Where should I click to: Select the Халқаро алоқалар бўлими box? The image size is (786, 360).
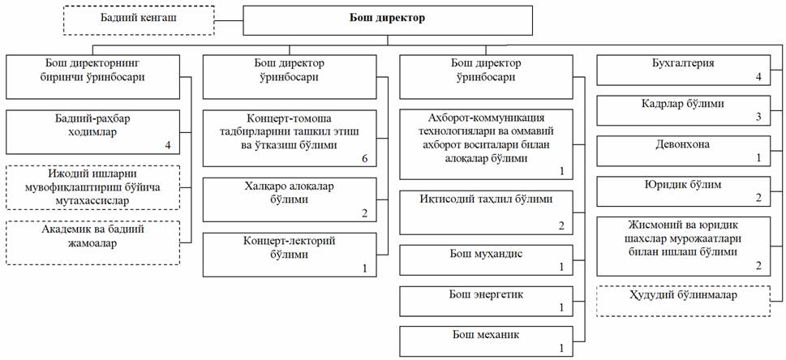pyautogui.click(x=290, y=198)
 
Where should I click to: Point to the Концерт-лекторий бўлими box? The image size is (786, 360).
pyautogui.click(x=290, y=253)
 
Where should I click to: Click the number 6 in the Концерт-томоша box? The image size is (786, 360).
pyautogui.click(x=364, y=158)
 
